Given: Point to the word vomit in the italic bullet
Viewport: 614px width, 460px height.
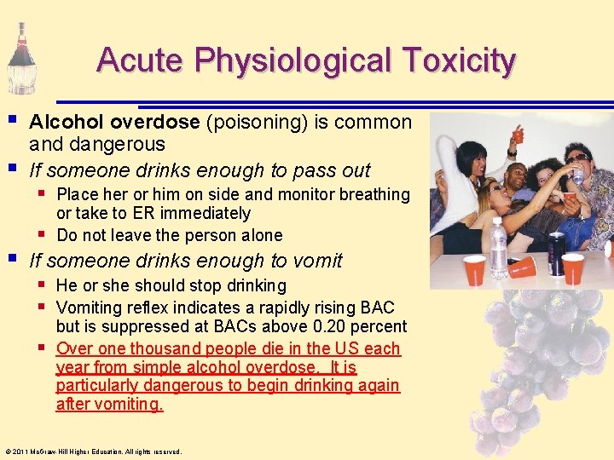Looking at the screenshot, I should click(x=316, y=261).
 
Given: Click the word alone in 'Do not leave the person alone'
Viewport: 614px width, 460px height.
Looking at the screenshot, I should click(x=261, y=234).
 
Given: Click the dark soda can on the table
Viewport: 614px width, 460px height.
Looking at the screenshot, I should click(x=555, y=253).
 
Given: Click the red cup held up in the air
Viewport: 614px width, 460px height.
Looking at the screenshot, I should click(x=517, y=135).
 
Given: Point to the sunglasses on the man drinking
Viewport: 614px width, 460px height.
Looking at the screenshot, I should click(x=576, y=158).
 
